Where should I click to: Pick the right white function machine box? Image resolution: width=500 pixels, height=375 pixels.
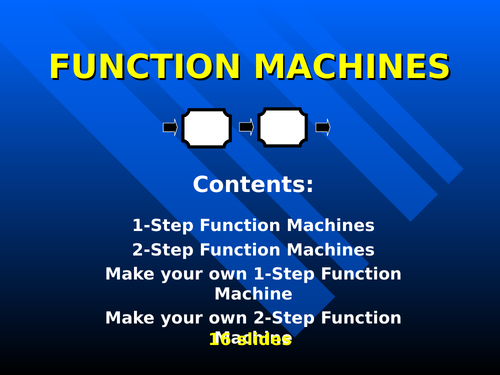point(282,128)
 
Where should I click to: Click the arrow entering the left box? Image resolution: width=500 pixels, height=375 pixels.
point(170,128)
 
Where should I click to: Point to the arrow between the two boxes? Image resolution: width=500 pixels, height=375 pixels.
point(245,128)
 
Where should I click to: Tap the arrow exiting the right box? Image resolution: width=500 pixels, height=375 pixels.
point(322,128)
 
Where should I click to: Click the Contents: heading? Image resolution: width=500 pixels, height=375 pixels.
point(253,185)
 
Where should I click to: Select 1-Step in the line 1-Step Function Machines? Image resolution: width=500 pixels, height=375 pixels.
point(159,226)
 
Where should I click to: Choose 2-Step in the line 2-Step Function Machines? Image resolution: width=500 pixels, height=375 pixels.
point(159,250)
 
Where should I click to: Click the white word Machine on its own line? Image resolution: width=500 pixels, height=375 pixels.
point(253,294)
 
